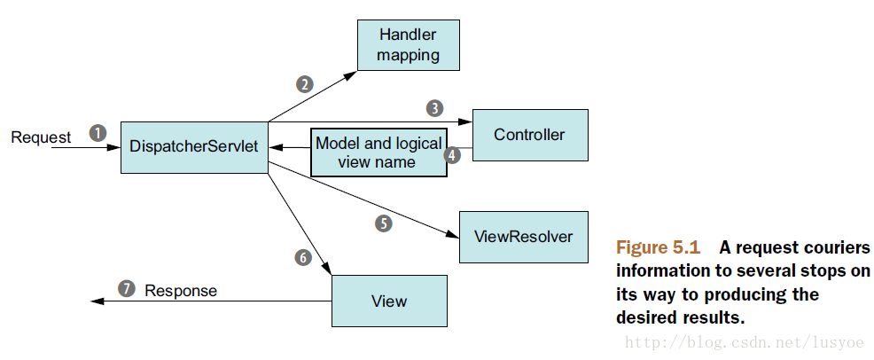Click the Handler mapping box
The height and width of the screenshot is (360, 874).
click(x=409, y=45)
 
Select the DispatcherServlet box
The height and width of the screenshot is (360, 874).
click(x=194, y=147)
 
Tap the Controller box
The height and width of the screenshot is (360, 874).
click(x=530, y=135)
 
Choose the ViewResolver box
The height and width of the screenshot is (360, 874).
click(x=523, y=237)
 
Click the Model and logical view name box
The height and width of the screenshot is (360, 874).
click(x=378, y=153)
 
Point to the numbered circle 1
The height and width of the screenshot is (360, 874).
click(x=98, y=134)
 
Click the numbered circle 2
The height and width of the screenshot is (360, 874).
click(x=304, y=84)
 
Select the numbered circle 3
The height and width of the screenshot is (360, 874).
click(x=434, y=108)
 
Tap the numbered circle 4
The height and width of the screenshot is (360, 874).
click(x=453, y=155)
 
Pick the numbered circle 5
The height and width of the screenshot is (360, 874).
click(x=384, y=223)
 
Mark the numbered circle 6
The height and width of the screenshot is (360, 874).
click(x=303, y=257)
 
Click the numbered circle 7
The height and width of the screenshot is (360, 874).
click(x=127, y=289)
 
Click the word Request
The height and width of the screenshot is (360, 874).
click(x=42, y=137)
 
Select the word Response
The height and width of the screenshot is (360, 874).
click(x=181, y=290)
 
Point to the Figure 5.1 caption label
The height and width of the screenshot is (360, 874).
click(x=659, y=247)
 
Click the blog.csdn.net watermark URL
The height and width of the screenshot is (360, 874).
click(x=744, y=341)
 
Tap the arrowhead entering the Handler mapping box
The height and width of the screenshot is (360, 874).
click(x=351, y=74)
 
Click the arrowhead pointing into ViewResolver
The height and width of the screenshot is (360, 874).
click(x=453, y=235)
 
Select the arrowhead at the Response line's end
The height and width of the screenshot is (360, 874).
click(x=98, y=301)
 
